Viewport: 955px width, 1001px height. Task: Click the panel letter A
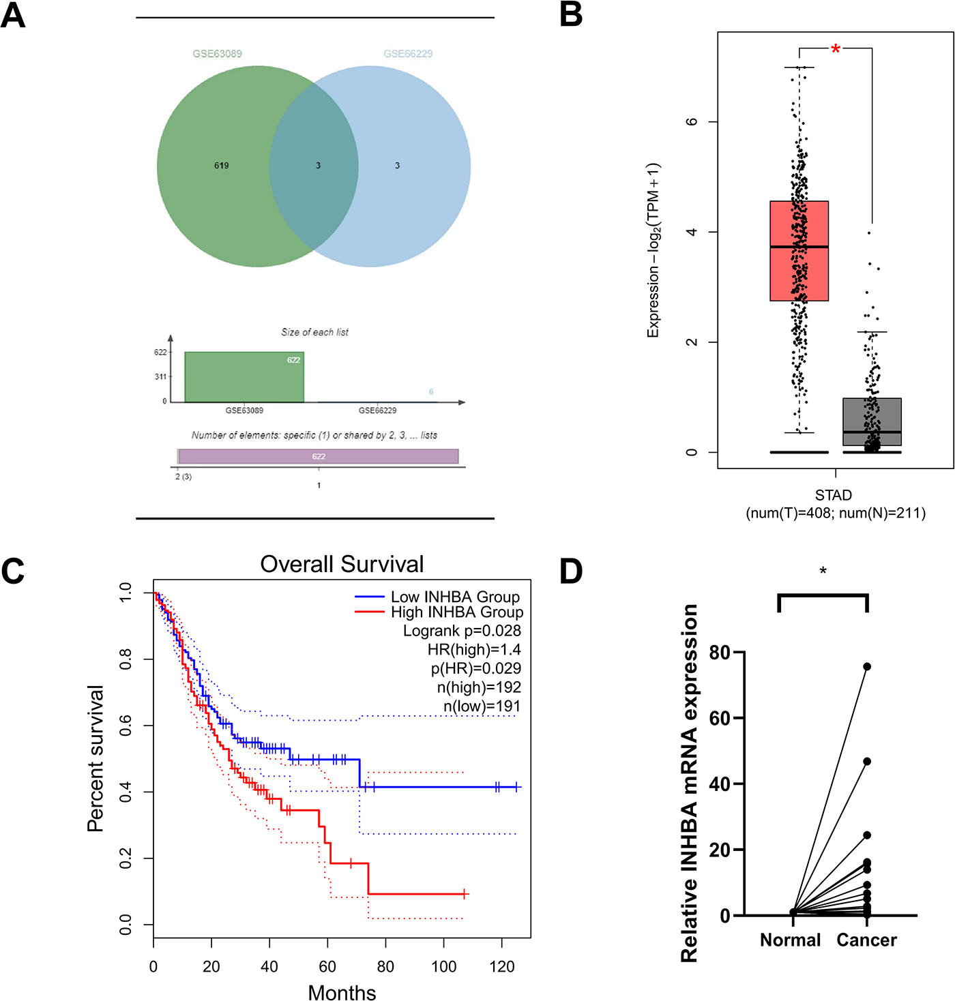point(14,15)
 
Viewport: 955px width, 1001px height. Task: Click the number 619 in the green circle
point(222,166)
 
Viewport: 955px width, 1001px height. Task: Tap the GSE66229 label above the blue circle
point(408,54)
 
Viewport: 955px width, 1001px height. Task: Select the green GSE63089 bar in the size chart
point(244,377)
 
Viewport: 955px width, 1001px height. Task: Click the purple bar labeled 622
point(319,456)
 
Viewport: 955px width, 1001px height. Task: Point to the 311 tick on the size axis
point(161,376)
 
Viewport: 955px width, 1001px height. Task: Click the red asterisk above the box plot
point(836,49)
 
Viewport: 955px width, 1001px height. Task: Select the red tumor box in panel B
point(799,250)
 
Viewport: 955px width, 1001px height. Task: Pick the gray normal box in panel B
point(872,421)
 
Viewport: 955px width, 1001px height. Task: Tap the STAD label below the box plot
point(834,495)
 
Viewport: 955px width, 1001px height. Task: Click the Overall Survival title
point(342,565)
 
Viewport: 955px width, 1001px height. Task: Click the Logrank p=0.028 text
point(462,631)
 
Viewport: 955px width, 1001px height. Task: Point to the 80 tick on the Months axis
point(385,966)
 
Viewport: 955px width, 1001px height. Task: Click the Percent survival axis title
point(95,758)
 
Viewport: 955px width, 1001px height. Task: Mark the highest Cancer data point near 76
point(867,667)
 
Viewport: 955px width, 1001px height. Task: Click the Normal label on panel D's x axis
point(791,940)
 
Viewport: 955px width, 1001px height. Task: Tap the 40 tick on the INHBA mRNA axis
point(720,784)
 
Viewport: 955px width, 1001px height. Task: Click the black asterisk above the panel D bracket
point(823,571)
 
